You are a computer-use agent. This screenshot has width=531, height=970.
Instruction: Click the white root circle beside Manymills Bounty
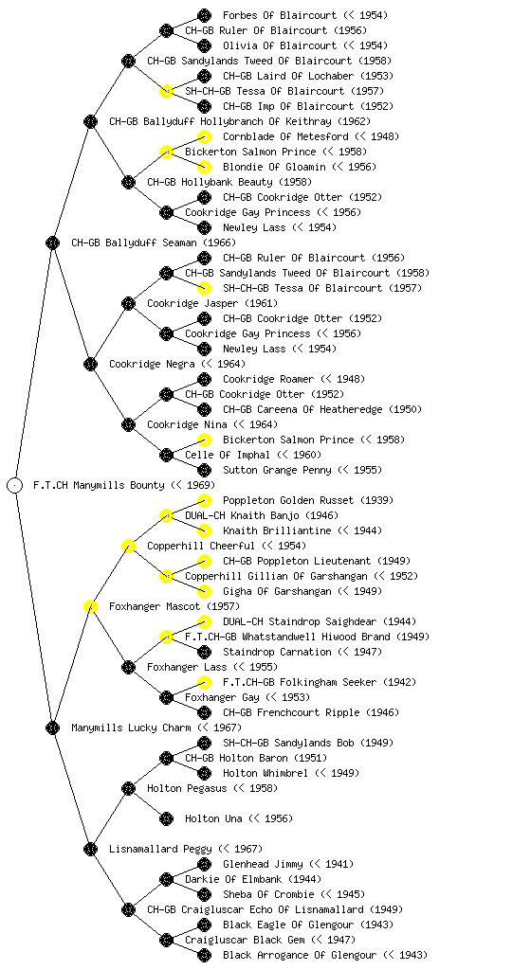[x=15, y=485]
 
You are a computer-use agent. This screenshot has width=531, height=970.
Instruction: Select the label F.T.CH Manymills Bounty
[x=99, y=485]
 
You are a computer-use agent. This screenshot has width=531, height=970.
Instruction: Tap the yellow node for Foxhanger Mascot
[x=90, y=606]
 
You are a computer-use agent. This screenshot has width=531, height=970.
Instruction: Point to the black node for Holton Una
[x=166, y=818]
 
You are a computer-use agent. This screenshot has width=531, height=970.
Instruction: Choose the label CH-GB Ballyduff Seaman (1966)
[x=154, y=242]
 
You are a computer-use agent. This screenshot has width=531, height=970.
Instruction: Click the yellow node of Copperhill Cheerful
[x=128, y=546]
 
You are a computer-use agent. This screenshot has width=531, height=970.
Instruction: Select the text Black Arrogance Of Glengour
[x=300, y=955]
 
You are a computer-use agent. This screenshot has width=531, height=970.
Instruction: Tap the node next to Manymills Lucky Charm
[x=52, y=727]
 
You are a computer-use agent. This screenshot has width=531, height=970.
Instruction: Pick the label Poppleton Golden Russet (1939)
[x=308, y=500]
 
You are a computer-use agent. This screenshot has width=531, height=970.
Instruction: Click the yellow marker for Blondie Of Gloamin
[x=204, y=167]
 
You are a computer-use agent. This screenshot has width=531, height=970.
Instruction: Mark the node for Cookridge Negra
[x=90, y=364]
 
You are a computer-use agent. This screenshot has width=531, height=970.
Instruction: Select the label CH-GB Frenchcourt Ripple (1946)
[x=311, y=712]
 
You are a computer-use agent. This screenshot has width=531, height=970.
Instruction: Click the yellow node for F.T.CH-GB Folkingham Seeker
[x=204, y=682]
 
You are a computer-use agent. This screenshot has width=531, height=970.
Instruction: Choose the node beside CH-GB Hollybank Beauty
[x=128, y=182]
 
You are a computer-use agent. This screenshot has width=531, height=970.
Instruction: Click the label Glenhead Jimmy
[x=263, y=864]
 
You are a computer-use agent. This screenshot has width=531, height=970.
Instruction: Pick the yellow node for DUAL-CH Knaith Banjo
[x=166, y=515]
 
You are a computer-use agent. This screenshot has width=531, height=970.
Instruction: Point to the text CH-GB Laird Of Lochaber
[x=286, y=76]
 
